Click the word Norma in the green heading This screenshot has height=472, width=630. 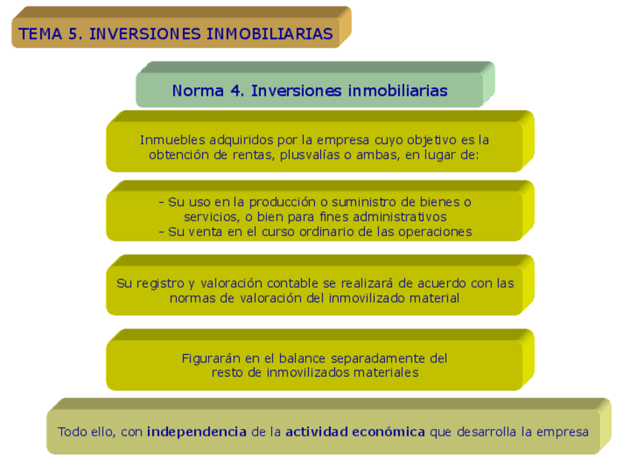[x=197, y=91]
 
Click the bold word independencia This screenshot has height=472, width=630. [x=197, y=431]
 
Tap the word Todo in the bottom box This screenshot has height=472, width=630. [x=72, y=431]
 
